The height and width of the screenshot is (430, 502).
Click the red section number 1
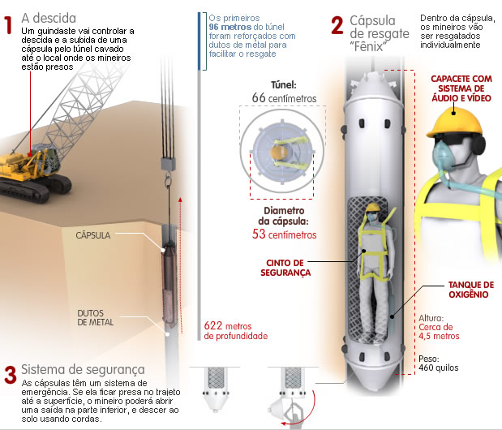pyautogui.click(x=9, y=19)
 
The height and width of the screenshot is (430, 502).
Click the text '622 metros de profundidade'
pyautogui.click(x=236, y=330)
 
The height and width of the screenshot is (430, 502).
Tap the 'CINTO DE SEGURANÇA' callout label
pyautogui.click(x=289, y=269)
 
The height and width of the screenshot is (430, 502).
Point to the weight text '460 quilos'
pyautogui.click(x=439, y=368)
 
